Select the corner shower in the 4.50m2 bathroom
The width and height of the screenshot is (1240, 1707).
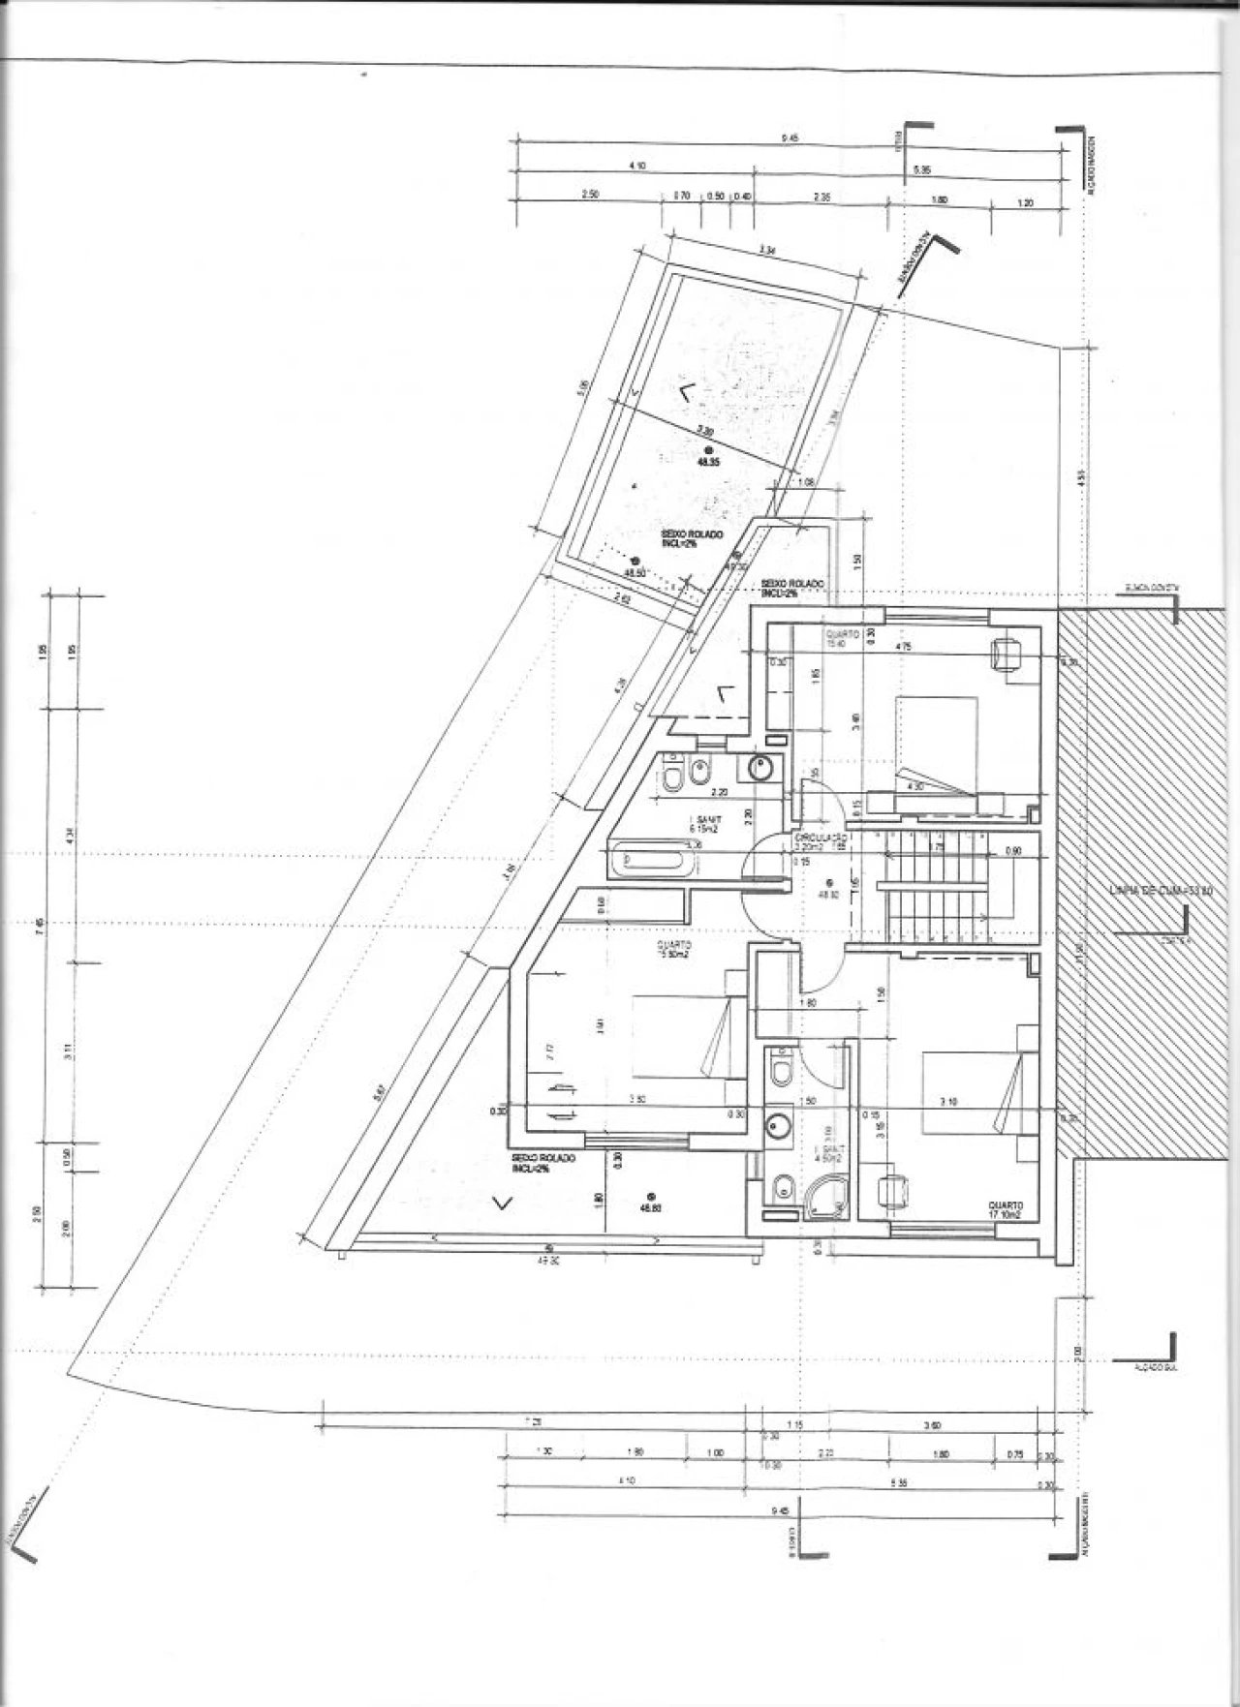(826, 1198)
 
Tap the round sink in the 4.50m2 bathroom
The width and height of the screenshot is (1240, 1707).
(777, 1126)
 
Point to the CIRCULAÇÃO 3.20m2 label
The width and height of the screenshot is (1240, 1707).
(821, 840)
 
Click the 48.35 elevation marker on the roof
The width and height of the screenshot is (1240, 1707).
(708, 459)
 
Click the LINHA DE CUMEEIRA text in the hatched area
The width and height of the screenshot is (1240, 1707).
(1147, 890)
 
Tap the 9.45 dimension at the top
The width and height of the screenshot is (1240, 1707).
(789, 138)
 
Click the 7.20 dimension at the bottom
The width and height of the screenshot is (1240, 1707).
(535, 1420)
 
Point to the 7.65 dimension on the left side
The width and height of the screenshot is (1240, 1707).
(40, 925)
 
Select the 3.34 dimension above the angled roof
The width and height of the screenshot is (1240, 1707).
(767, 251)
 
